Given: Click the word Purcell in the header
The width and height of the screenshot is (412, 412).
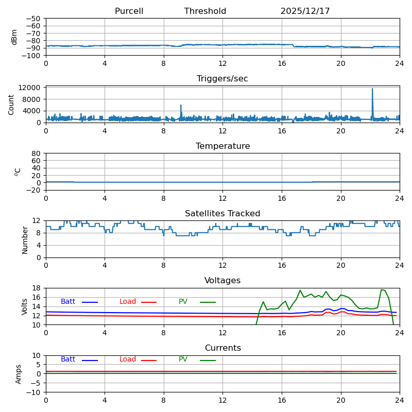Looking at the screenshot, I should [129, 11].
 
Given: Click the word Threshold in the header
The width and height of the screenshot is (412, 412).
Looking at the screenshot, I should [205, 11].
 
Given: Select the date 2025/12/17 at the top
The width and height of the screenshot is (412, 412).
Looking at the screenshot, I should [305, 11].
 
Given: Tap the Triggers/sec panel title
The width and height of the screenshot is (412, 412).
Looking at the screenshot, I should [222, 79].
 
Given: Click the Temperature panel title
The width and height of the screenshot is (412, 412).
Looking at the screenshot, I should [222, 146].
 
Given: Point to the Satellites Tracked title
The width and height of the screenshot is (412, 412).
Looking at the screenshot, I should [222, 214].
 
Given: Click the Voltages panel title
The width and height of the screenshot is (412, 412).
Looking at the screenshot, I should [222, 281].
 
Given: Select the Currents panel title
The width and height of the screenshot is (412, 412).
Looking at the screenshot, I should [222, 348].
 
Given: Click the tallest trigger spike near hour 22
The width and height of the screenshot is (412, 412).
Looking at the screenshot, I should [372, 89].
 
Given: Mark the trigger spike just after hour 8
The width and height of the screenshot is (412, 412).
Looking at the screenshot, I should [181, 106].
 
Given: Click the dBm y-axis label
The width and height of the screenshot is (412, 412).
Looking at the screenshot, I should [14, 37].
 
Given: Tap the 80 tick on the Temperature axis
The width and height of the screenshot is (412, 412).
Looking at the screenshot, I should [37, 153].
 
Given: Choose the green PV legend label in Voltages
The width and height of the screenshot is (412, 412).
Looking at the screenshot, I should [183, 302].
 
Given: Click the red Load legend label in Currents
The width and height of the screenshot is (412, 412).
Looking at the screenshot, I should [128, 359].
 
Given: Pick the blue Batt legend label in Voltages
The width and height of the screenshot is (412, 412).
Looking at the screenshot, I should [68, 302].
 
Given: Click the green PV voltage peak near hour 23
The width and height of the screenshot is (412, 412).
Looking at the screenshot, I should [382, 289].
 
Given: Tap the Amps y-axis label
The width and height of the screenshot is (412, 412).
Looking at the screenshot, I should [19, 374].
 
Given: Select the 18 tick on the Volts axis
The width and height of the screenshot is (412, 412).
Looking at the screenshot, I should [37, 288].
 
